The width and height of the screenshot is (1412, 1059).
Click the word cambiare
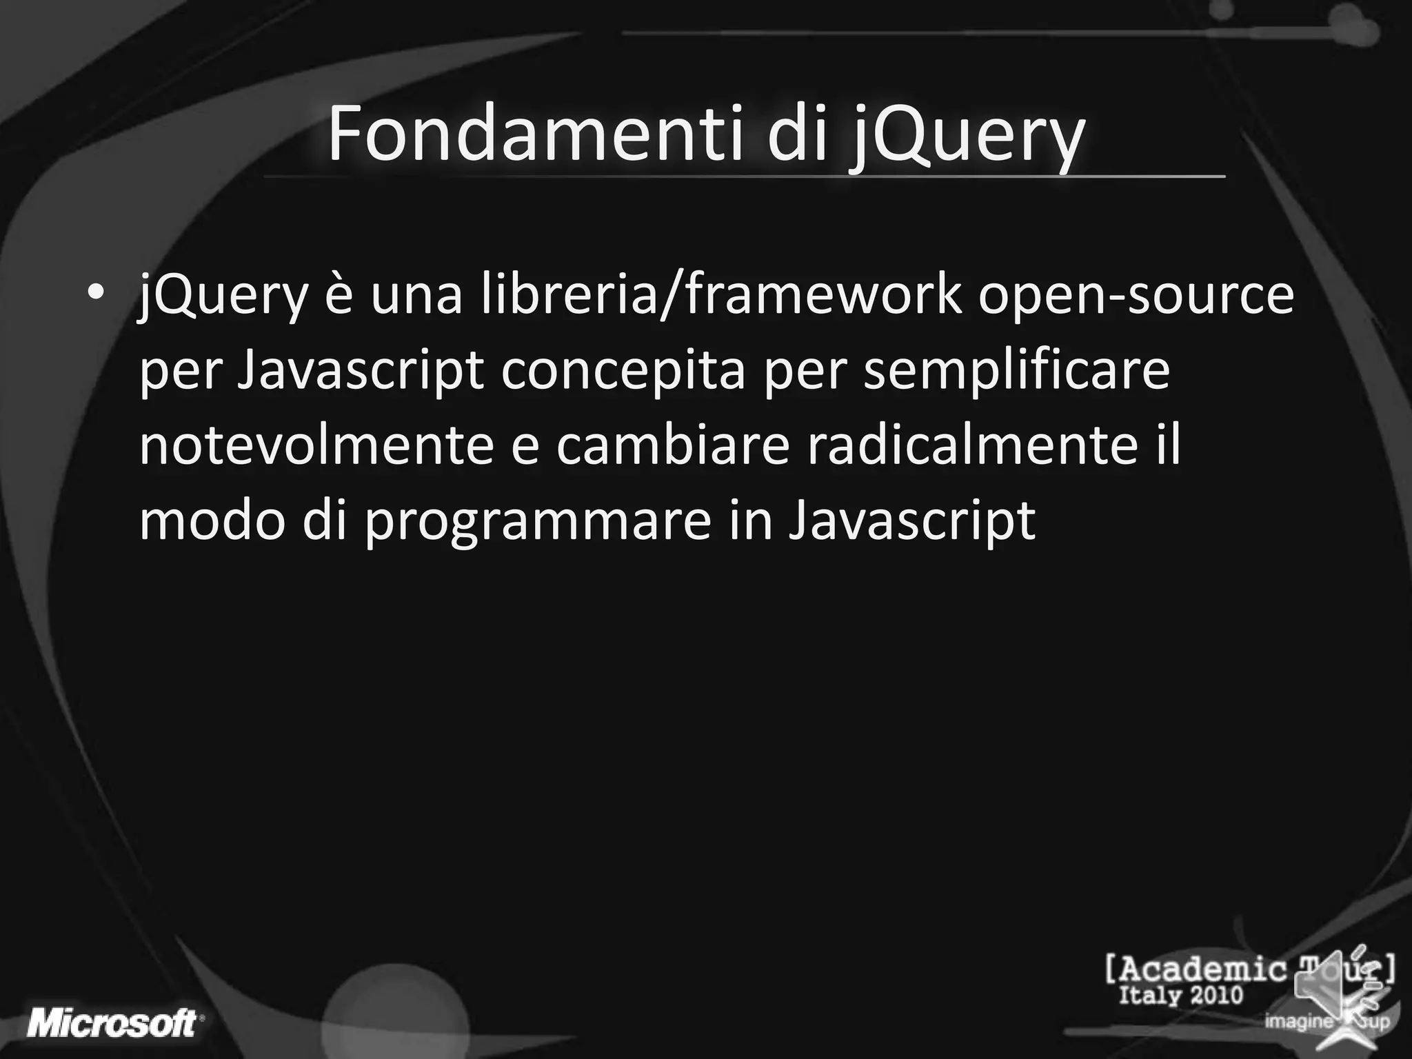tap(672, 445)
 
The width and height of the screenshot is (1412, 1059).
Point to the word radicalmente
tap(972, 445)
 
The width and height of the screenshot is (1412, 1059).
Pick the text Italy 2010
tap(1180, 996)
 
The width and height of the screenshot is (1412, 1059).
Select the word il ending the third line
tap(1166, 445)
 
